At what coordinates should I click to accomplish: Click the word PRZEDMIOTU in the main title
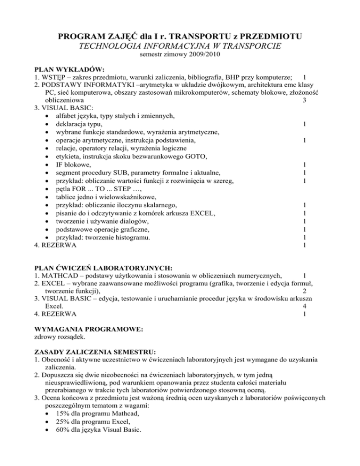coord(263,36)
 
